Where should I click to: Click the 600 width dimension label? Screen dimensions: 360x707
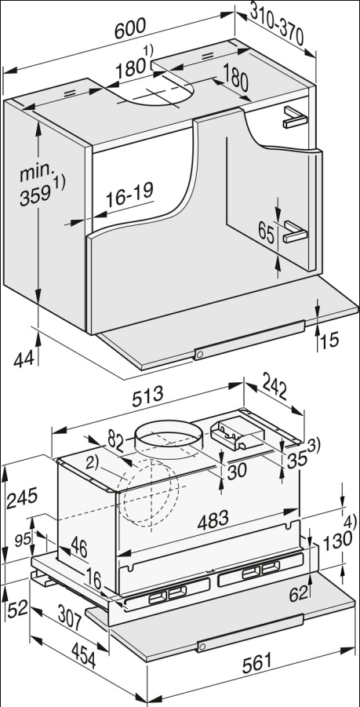[x=130, y=28]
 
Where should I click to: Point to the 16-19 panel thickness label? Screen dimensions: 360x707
[x=129, y=195]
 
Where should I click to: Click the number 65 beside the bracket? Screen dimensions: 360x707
[x=267, y=233]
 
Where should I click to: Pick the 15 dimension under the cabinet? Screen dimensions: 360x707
[x=330, y=340]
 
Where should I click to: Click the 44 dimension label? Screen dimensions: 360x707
[x=24, y=359]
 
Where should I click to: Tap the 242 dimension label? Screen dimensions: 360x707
[x=275, y=386]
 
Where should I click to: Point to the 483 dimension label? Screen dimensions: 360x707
[x=213, y=521]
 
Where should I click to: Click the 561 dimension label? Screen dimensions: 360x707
[x=256, y=663]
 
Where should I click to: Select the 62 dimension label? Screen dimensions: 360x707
[x=298, y=594]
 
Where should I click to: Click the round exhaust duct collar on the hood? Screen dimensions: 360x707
[x=167, y=436]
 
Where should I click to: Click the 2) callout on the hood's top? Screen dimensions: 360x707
[x=92, y=464]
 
